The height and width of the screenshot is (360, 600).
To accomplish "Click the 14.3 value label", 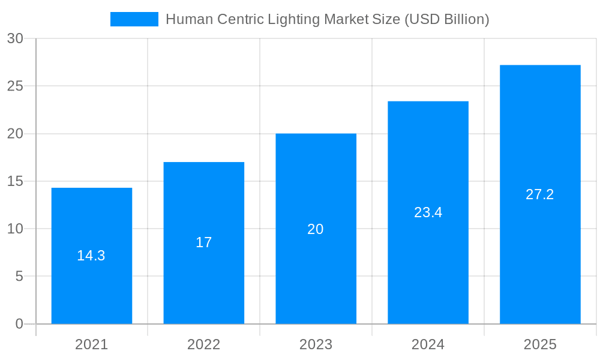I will (91, 256).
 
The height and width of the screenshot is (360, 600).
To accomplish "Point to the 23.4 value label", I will (428, 212).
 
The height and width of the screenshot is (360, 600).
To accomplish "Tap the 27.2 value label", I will (539, 194).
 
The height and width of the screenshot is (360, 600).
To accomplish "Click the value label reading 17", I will (204, 242).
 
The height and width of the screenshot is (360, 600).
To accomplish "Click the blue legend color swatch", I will (134, 19).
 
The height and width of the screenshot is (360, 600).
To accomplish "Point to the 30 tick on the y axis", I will (15, 38).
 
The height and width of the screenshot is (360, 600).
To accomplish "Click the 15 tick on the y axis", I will (15, 181).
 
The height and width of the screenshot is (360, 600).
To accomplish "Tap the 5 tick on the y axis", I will (19, 277).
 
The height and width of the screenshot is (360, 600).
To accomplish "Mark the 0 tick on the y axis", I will (19, 324).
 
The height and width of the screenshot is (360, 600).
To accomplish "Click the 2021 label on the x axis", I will (92, 344).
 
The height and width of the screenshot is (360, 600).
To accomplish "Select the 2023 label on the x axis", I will (316, 344).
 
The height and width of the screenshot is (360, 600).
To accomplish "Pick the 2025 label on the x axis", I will (540, 344).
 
